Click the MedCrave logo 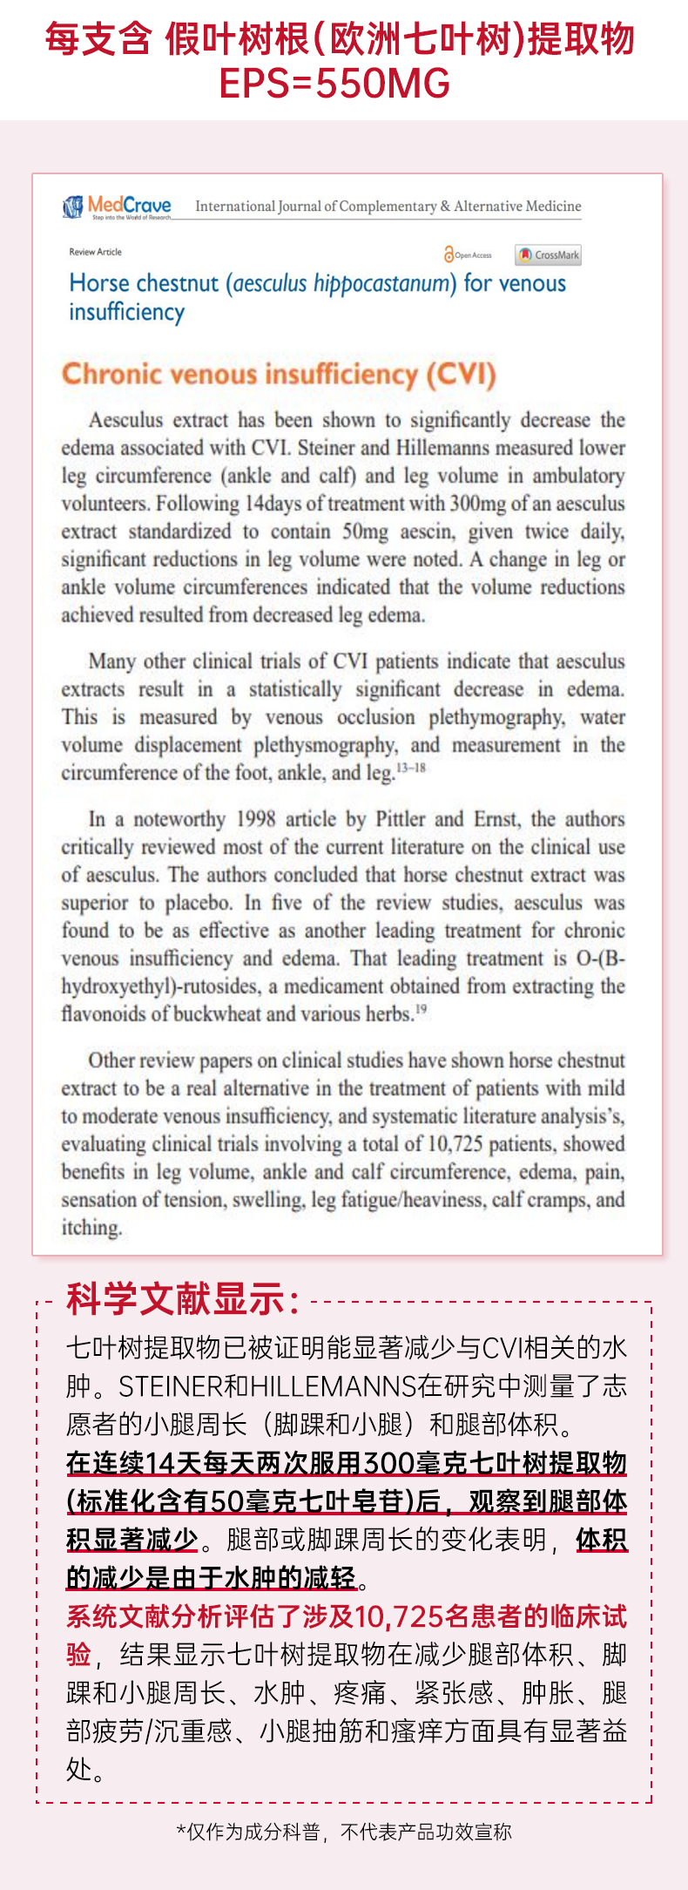117,207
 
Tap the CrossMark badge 548,255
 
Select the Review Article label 95,252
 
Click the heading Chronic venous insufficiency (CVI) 279,374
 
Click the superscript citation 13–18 411,768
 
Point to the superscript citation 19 422,1009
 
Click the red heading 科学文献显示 183,1299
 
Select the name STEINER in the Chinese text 170,1386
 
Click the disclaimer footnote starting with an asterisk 344,1832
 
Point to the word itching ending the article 91,1228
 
